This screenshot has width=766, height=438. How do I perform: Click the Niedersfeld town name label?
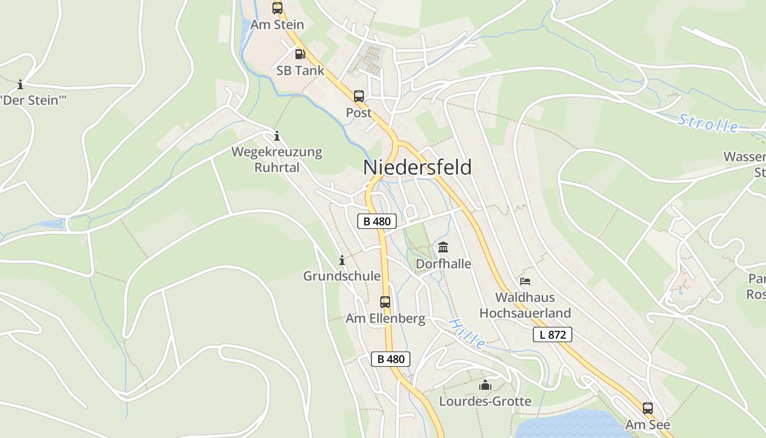tap(417, 168)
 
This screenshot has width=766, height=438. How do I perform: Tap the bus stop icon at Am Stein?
tap(277, 8)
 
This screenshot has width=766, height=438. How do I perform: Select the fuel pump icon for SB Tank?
tap(300, 54)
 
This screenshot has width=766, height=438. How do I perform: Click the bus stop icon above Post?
tap(359, 96)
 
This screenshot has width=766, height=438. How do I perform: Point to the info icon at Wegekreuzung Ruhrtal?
tap(276, 136)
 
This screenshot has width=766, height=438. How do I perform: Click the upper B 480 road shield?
tap(377, 221)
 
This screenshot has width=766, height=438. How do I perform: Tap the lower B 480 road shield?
tap(391, 359)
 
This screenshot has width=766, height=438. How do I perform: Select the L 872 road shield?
tap(553, 335)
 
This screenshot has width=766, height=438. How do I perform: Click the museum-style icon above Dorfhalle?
tap(443, 247)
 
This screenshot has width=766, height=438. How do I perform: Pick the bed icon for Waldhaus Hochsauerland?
tap(525, 281)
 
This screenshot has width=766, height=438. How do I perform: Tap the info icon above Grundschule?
tap(342, 260)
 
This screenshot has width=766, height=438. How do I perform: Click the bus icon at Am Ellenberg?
tap(385, 302)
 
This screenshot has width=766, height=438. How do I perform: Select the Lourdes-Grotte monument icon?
tap(485, 385)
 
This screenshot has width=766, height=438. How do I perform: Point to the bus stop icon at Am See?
tap(648, 408)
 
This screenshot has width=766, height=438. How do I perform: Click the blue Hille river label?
tap(467, 333)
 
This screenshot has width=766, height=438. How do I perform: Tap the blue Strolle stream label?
tap(708, 123)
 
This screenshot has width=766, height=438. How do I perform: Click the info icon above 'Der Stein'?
tap(20, 84)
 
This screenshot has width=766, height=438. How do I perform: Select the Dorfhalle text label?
tap(444, 264)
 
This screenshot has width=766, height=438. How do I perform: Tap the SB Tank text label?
tap(300, 71)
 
